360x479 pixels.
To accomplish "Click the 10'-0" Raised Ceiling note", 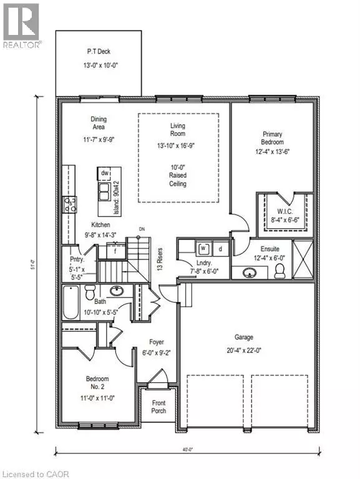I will [178, 175].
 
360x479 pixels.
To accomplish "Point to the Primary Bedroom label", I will [271, 138].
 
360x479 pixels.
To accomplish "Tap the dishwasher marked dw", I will [104, 173].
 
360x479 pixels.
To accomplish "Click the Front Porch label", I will [159, 407].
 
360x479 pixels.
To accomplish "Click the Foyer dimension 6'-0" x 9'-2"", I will [156, 352].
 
